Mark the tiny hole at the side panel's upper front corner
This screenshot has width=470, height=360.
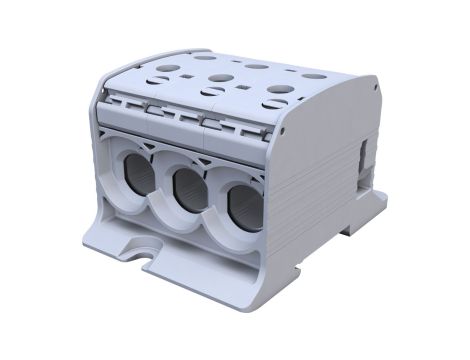click(x=284, y=128)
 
